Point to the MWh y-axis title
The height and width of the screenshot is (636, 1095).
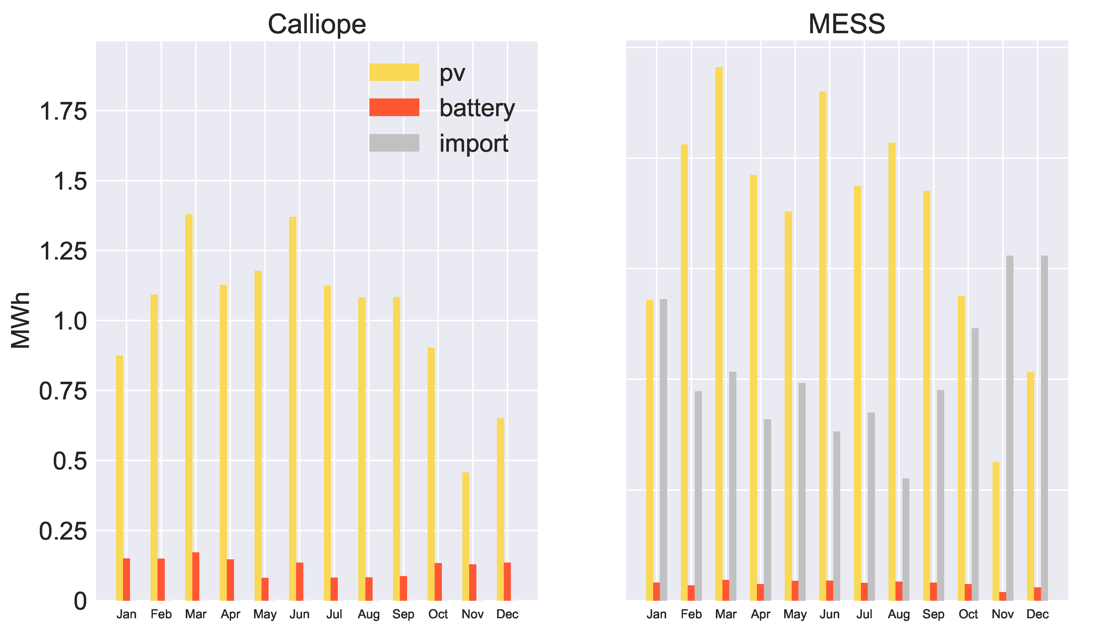coord(21,320)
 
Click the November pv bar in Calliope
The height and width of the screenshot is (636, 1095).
coord(466,536)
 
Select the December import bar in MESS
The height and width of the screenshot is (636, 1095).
coord(1044,428)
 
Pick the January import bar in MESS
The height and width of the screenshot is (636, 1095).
coord(663,449)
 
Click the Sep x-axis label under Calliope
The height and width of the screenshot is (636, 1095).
coord(403,614)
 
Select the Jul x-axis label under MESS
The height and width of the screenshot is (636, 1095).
coord(864,614)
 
